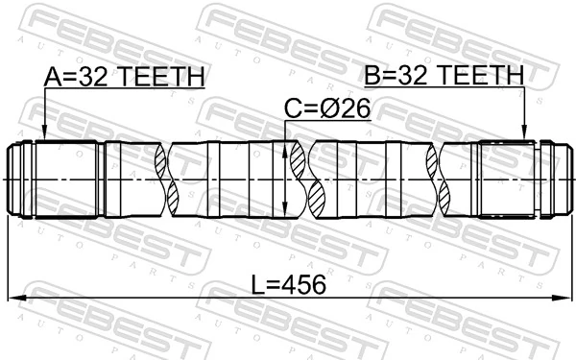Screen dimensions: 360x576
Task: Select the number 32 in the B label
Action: coord(410,76)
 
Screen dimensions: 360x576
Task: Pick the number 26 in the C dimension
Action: coord(356,111)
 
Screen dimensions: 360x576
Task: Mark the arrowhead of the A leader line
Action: coord(44,135)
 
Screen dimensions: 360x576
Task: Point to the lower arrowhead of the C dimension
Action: coord(287,212)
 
